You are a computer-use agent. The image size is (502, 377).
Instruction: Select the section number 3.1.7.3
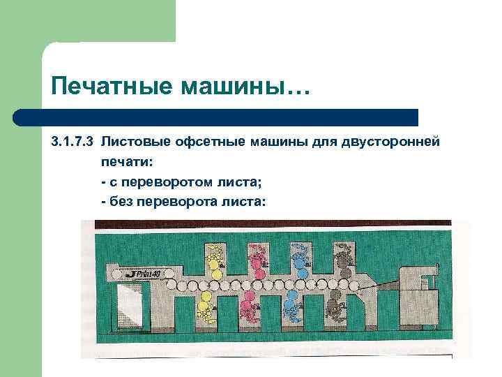point(73,142)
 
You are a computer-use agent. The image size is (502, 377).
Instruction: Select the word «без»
point(121,201)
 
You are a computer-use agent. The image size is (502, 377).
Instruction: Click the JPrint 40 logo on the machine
point(144,273)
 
